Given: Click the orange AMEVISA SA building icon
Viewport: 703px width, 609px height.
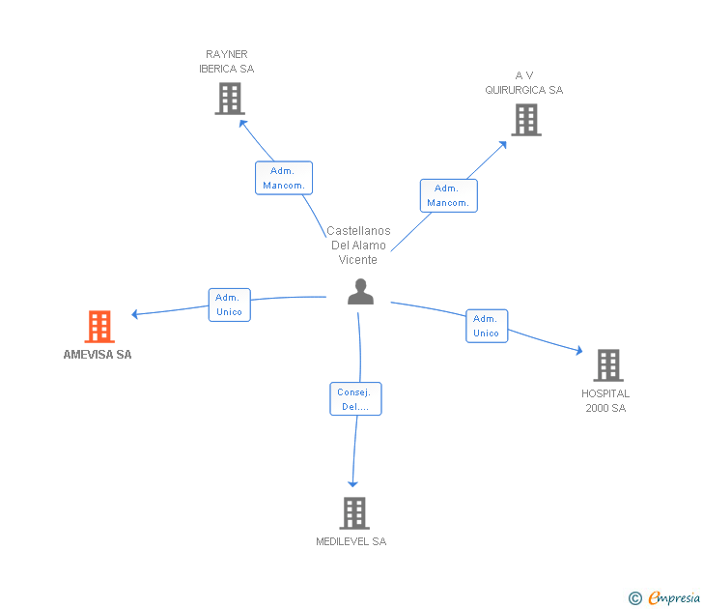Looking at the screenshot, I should click(99, 327).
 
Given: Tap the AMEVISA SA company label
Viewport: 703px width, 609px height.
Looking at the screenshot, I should click(98, 355).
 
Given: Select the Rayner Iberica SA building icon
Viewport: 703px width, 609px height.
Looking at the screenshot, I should click(229, 99).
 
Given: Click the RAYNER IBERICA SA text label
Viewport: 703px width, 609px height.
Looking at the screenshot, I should click(227, 62).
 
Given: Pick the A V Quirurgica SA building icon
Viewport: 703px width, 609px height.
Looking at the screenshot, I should click(525, 120).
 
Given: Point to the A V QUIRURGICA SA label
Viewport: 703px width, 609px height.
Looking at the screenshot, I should click(524, 83).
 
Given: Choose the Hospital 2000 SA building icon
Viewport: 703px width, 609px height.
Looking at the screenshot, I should click(607, 365).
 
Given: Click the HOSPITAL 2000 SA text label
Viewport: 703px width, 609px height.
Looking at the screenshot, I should click(605, 401).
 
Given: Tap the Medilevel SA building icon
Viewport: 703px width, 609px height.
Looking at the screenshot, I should click(354, 512).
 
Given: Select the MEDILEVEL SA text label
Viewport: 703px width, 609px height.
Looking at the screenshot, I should click(351, 542).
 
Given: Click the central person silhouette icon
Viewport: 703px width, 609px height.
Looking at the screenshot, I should click(360, 292).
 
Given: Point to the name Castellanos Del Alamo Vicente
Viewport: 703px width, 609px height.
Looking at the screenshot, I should click(358, 246).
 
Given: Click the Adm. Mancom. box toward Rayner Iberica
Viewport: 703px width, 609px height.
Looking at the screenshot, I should click(284, 178).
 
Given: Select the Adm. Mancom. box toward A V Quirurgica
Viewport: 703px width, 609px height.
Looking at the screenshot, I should click(448, 195).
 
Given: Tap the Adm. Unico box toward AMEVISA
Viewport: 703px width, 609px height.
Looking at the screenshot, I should click(230, 304).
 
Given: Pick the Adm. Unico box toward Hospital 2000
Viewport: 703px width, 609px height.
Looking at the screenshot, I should click(486, 326).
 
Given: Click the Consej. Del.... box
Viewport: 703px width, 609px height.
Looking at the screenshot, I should click(355, 399).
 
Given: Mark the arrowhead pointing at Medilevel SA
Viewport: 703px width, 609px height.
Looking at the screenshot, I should click(352, 482).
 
